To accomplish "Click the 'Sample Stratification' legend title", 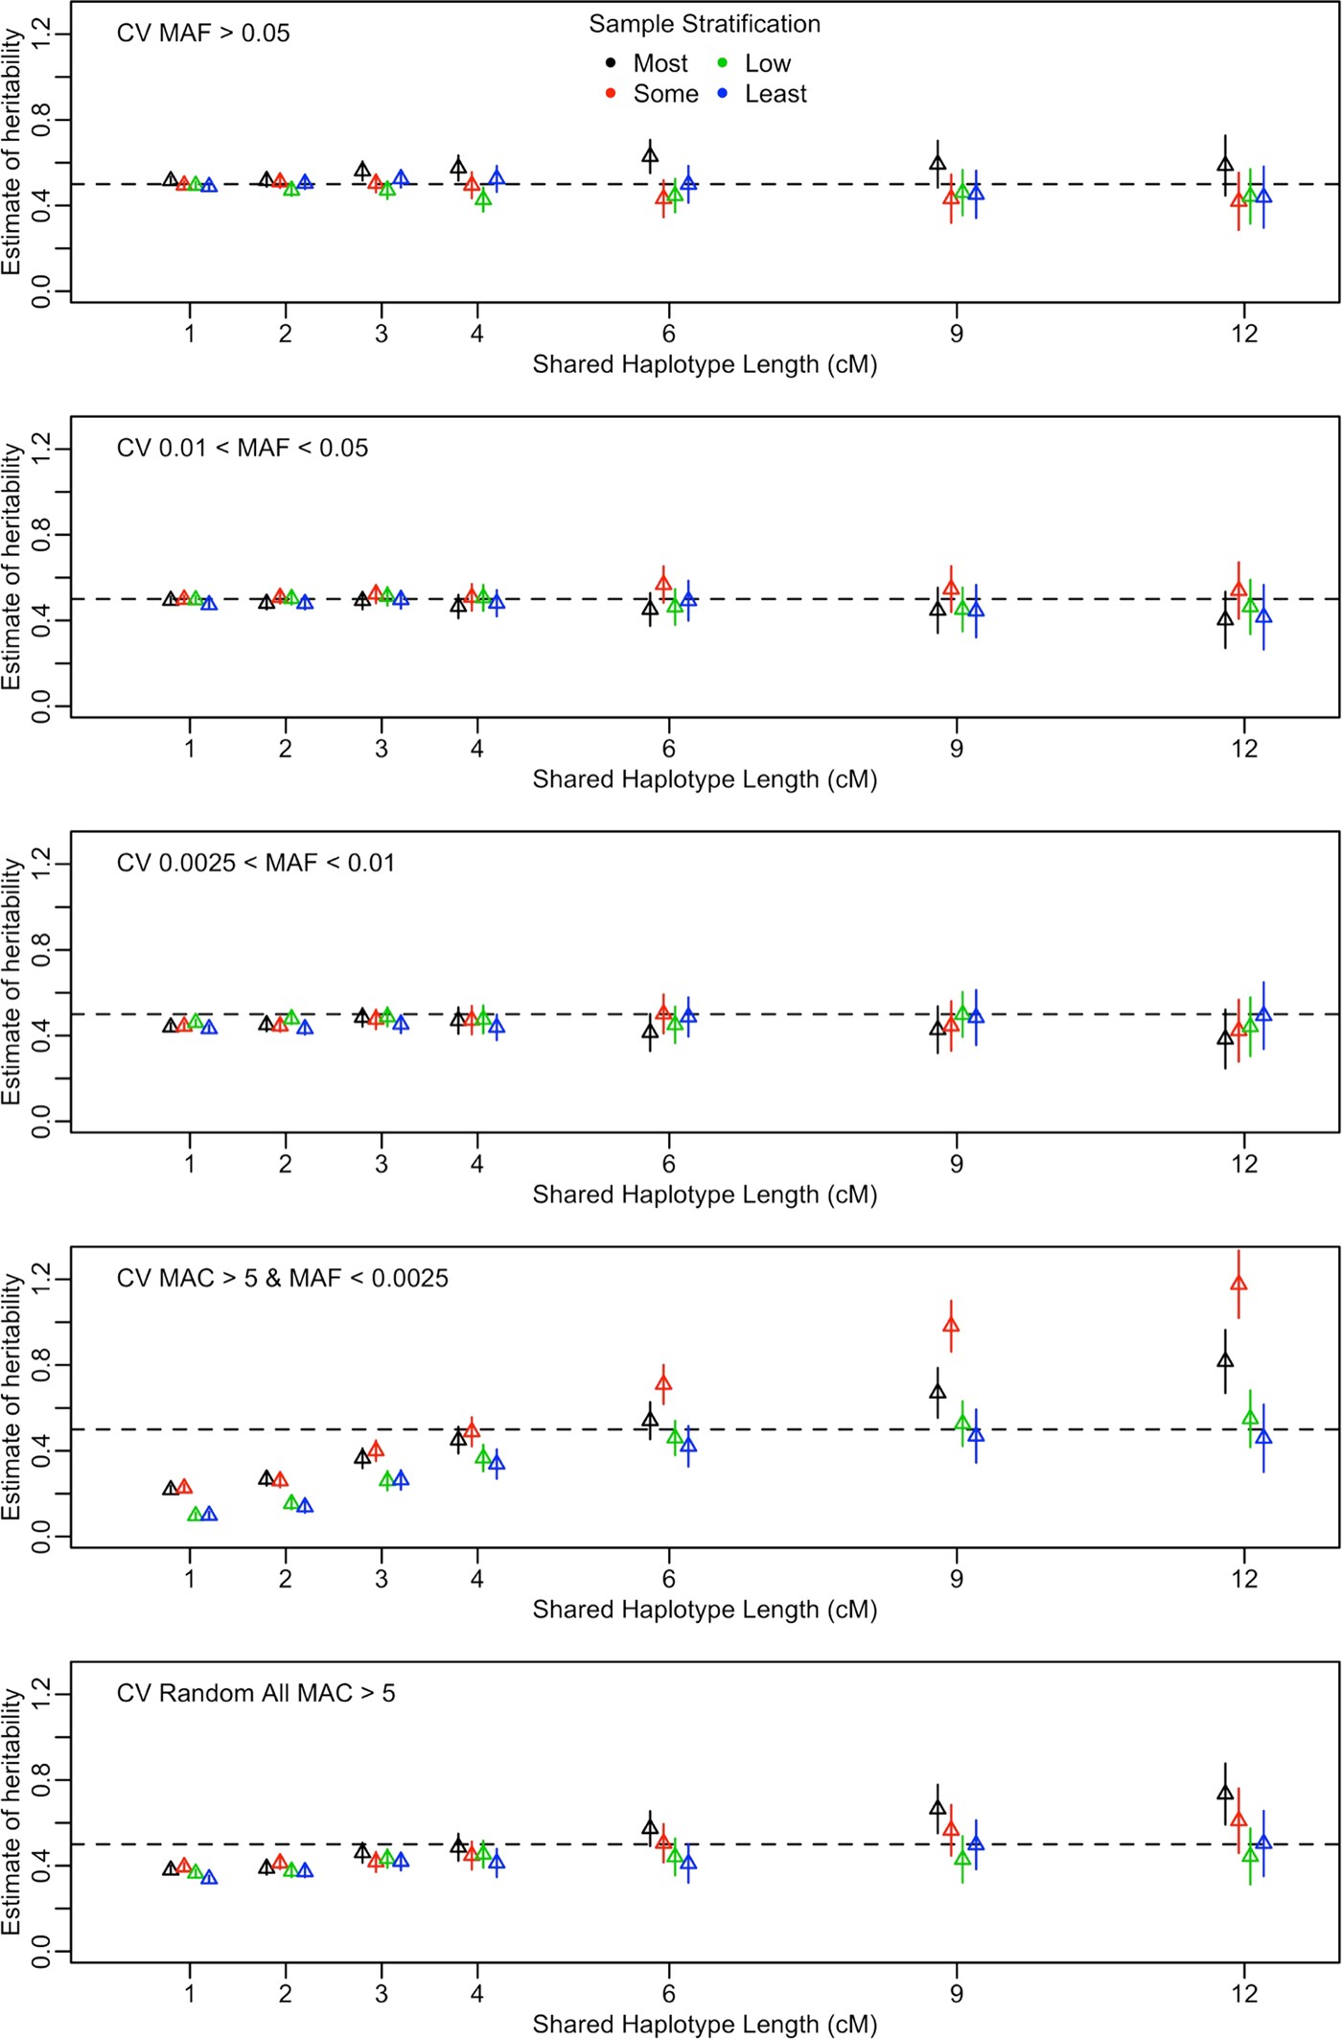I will (705, 24).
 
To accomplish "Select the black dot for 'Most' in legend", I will (611, 63).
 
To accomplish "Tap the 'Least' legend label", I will (775, 94).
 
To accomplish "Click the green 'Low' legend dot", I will (723, 63).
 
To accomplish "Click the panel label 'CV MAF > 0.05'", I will (203, 34).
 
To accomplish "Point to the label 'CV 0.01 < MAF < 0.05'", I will (243, 449).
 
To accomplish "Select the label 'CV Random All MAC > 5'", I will (256, 1693).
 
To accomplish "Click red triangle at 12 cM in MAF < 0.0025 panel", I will (1238, 1284).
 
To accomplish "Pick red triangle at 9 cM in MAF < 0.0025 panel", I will (951, 1326).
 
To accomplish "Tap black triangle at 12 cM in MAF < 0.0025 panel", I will (1225, 1360).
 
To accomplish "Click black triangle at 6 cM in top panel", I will (650, 155).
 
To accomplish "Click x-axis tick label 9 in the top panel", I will (957, 334).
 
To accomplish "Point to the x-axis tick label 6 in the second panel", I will (669, 749).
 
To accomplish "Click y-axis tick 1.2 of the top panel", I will (40, 35).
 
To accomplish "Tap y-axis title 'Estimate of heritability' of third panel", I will (12, 982).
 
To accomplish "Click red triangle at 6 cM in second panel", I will (663, 583).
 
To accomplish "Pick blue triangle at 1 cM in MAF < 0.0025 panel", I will (209, 1515).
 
